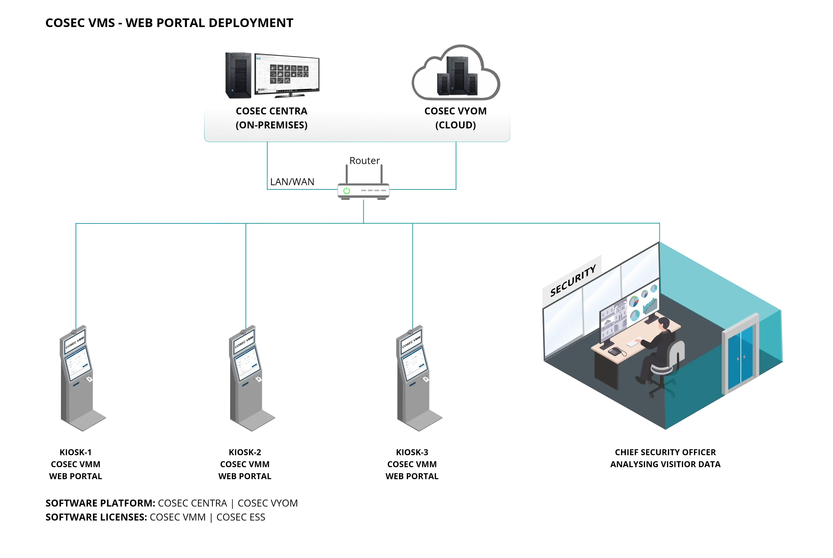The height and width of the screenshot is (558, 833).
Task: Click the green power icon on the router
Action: [x=346, y=191]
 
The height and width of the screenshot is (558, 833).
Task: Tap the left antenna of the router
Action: [x=346, y=174]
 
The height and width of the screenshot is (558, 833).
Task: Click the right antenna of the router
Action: [x=381, y=174]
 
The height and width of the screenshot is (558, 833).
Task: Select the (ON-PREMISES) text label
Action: [x=271, y=125]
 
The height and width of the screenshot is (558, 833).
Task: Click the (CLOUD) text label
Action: [x=455, y=125]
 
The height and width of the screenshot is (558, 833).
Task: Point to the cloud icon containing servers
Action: [x=456, y=73]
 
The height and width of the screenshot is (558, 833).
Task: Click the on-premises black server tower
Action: [x=238, y=76]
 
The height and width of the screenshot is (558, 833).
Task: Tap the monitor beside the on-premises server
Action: [x=286, y=74]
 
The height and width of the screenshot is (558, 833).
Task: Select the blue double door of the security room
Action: [x=740, y=356]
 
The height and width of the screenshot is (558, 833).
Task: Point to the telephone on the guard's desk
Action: [x=615, y=352]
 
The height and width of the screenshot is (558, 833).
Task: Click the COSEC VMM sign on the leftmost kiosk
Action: [x=75, y=342]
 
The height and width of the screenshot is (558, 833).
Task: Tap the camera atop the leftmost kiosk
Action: [x=74, y=332]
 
